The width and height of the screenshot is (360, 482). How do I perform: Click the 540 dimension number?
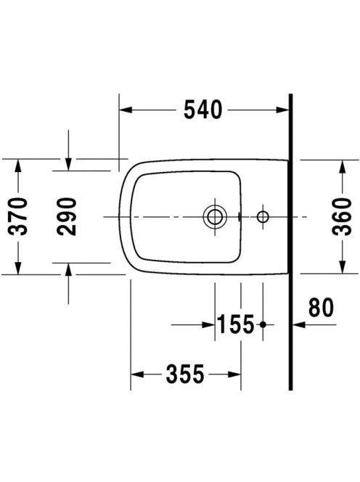202,110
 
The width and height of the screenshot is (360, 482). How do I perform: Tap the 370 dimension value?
18,216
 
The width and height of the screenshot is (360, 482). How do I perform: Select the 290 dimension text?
67,216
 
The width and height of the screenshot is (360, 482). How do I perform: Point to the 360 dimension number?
342,216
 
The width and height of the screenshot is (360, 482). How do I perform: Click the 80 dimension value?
321,307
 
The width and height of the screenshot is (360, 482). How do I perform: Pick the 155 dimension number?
236,324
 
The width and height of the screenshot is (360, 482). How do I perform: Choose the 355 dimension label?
185,374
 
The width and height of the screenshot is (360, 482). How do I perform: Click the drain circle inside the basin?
215,217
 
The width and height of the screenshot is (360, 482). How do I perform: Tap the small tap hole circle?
263,217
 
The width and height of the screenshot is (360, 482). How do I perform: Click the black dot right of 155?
263,324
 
